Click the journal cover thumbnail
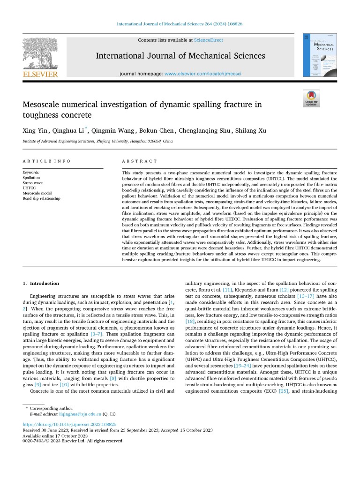[320, 54]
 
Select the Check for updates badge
[311, 98]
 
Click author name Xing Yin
[34, 130]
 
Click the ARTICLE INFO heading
[46, 161]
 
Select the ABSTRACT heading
[139, 161]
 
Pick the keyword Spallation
[31, 178]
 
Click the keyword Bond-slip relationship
[42, 198]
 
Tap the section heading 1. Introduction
[41, 283]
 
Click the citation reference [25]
[284, 390]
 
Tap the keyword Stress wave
[32, 183]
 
